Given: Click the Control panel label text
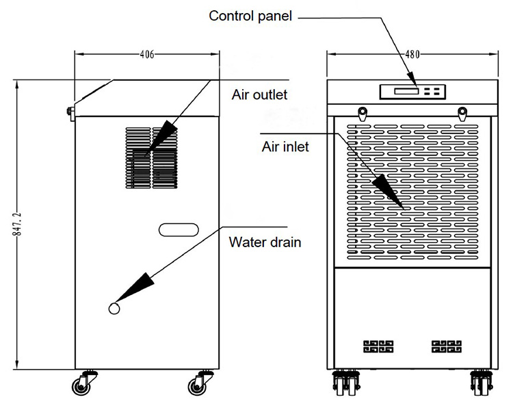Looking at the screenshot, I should pyautogui.click(x=250, y=15).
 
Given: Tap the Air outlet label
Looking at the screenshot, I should pyautogui.click(x=259, y=94).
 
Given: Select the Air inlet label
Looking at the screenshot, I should pyautogui.click(x=286, y=146).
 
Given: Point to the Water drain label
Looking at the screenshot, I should pyautogui.click(x=265, y=241).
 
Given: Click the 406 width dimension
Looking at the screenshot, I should pyautogui.click(x=146, y=55).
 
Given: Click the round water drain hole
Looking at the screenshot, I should pyautogui.click(x=114, y=309).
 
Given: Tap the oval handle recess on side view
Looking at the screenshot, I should pyautogui.click(x=178, y=229).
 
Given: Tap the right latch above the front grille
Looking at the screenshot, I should pyautogui.click(x=462, y=112).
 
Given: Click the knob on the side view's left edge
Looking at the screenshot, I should pyautogui.click(x=70, y=112).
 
